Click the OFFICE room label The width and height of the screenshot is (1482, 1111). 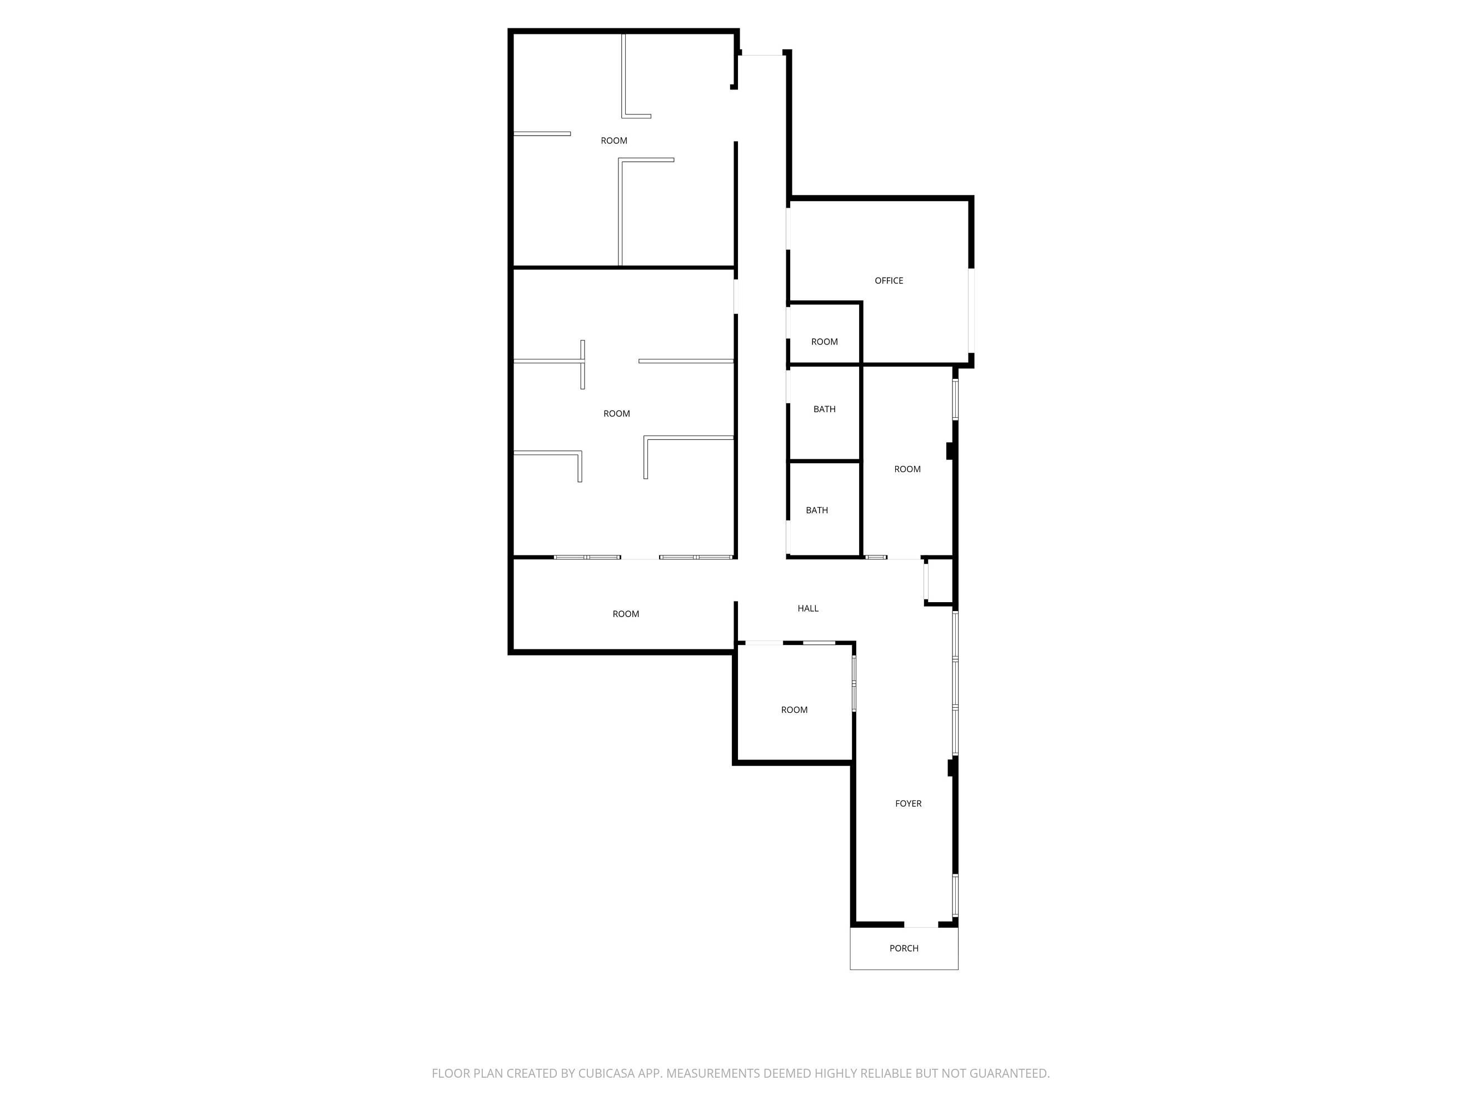pyautogui.click(x=889, y=281)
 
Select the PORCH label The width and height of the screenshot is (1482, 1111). pyautogui.click(x=904, y=948)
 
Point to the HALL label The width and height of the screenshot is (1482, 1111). pyautogui.click(x=808, y=608)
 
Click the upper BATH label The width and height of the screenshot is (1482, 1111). pyautogui.click(x=824, y=409)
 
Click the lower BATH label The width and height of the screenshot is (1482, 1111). pyautogui.click(x=817, y=511)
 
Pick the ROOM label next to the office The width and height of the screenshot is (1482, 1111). pyautogui.click(x=824, y=342)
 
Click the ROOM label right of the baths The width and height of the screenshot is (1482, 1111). pyautogui.click(x=907, y=469)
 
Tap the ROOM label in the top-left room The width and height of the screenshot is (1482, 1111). pyautogui.click(x=613, y=141)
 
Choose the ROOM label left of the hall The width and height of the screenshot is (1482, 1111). pyautogui.click(x=626, y=614)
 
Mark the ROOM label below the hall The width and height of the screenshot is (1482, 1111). pyautogui.click(x=794, y=710)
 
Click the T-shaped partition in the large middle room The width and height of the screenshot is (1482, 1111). pyautogui.click(x=582, y=362)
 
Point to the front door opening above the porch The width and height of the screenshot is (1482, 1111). pyautogui.click(x=921, y=925)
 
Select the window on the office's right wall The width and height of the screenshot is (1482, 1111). pyautogui.click(x=971, y=310)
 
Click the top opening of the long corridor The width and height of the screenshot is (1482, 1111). pyautogui.click(x=761, y=53)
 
